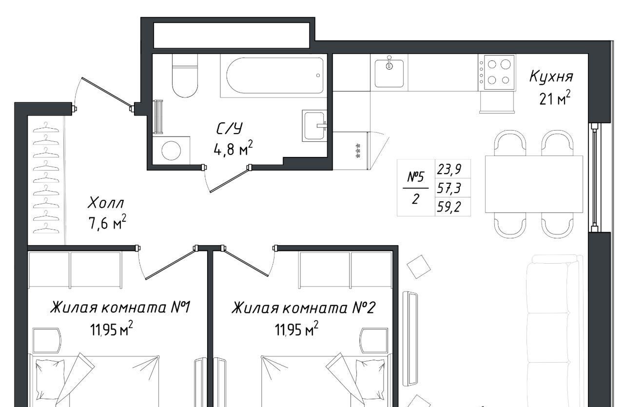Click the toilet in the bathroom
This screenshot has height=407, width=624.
point(185,76)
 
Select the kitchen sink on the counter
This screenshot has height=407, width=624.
point(389,73)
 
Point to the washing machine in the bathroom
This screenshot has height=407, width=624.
point(171,151)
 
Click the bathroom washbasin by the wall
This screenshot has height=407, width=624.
point(314,126)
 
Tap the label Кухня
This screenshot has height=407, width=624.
point(551,77)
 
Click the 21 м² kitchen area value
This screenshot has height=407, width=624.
point(555,98)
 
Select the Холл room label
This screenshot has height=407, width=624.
point(106,203)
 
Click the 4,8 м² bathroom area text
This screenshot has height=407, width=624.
point(233,149)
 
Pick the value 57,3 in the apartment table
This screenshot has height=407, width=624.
point(449,188)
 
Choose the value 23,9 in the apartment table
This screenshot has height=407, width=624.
point(449,169)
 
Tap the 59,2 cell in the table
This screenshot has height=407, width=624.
point(449,207)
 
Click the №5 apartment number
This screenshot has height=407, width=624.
point(416,177)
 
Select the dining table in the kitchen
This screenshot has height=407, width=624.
point(534,184)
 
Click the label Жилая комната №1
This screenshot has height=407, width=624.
point(120,307)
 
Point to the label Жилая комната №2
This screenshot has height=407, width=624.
point(304,308)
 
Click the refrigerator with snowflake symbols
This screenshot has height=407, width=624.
point(351,151)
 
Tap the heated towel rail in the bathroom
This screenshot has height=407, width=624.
point(158,116)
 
